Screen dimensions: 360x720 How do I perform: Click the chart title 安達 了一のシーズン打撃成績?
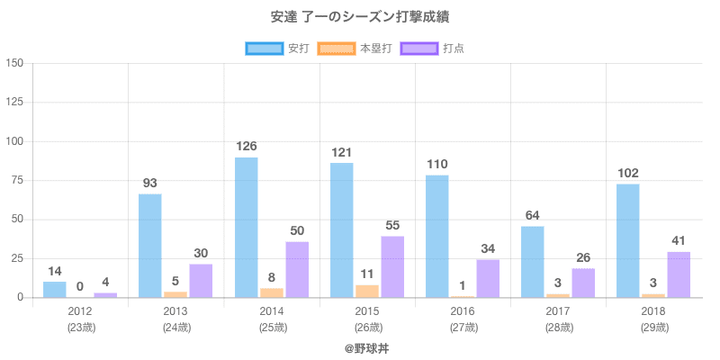point(359,17)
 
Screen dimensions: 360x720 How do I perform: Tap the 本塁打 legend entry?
point(359,48)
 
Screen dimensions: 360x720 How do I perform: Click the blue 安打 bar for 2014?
point(247,228)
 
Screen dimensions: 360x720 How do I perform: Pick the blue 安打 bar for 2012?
point(55,290)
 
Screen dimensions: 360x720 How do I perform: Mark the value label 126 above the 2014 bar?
point(247,146)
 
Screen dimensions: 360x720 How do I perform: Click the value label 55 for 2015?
point(392,225)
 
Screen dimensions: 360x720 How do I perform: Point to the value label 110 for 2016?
point(437,164)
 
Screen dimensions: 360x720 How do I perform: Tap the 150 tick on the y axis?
point(14,63)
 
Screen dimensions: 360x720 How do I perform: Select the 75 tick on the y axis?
point(17,180)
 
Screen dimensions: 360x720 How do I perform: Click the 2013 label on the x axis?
point(175,311)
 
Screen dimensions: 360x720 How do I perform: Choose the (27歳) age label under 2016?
point(463,327)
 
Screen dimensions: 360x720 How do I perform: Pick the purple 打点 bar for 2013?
point(201,281)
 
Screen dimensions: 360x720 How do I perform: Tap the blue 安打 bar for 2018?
point(628,240)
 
